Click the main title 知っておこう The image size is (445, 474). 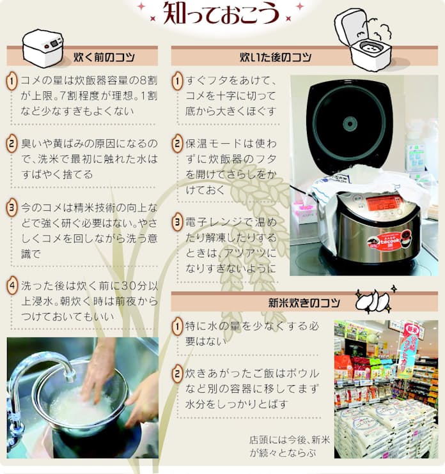pos(220,13)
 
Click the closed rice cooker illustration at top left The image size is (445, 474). pos(42,47)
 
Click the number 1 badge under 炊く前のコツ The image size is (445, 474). pos(12,81)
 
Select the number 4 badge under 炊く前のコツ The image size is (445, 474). pos(12,284)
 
